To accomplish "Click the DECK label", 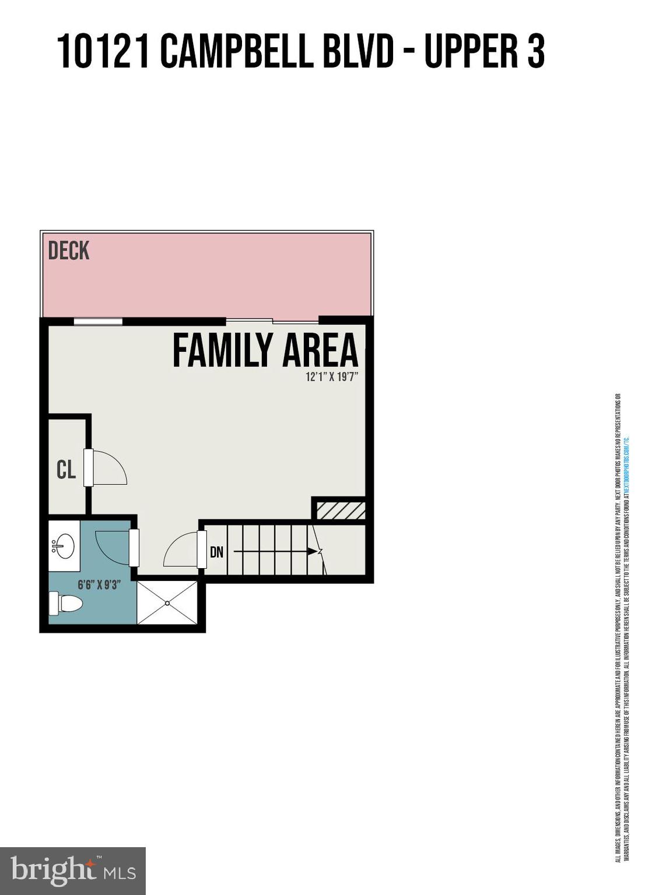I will pos(69,251).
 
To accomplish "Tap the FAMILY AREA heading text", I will pos(265,350).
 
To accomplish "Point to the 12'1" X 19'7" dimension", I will pos(331,377).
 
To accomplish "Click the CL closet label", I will pos(66,469).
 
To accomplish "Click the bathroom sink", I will pos(64,547).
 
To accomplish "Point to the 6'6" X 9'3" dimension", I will pos(99,584).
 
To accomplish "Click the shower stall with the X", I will pos(168,602).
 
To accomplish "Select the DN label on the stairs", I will pos(216,551).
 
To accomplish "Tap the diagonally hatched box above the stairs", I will pos(341,510).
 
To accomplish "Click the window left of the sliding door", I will pos(98,321).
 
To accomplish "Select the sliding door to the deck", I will pos(272,320).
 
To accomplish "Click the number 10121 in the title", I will pos(103,52).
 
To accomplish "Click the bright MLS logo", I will pos(73,871).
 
